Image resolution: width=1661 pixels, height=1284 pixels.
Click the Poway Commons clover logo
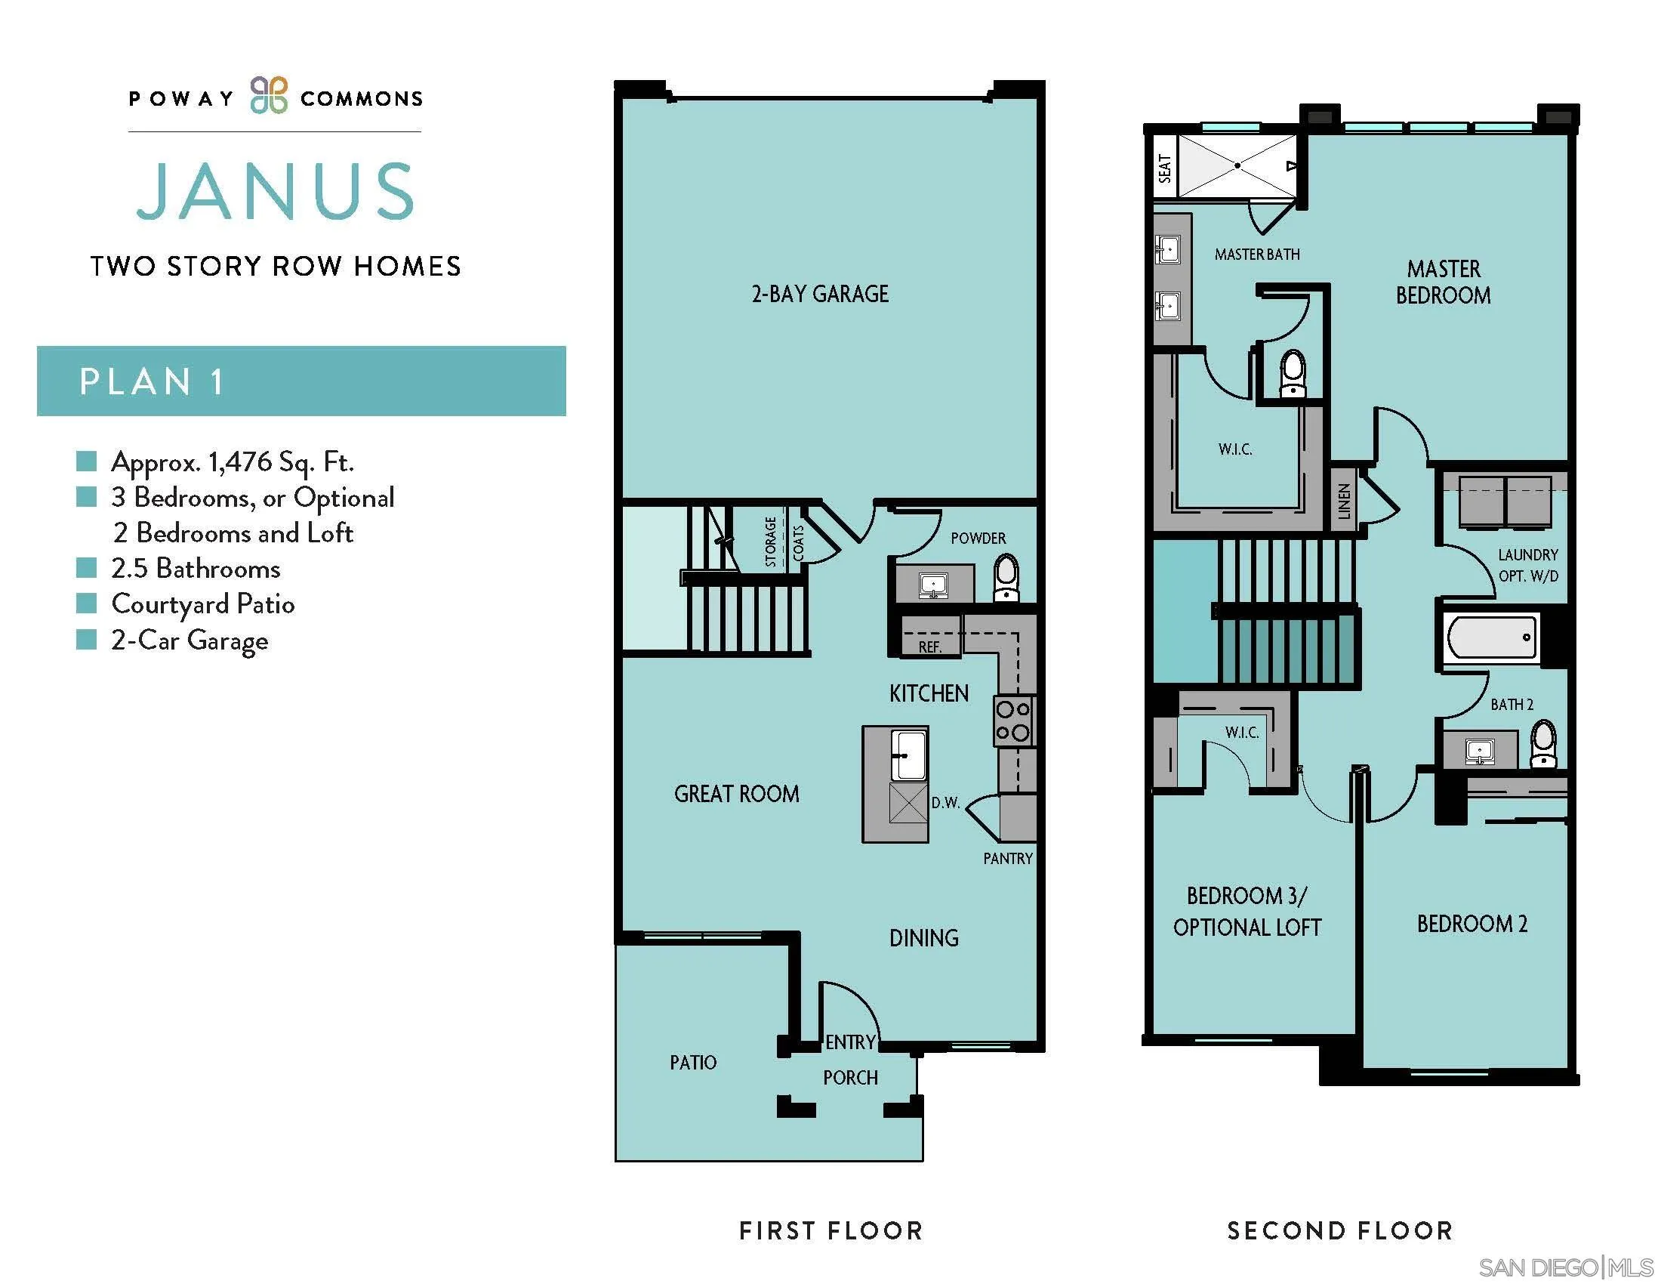[270, 96]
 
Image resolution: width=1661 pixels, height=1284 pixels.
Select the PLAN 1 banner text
[151, 382]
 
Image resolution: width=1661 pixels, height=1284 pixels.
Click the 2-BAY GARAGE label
[820, 295]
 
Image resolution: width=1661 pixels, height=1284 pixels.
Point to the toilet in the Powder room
[1006, 577]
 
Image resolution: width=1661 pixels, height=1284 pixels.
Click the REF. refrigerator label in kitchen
[929, 647]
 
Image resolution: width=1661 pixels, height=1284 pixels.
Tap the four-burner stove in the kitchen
[1013, 721]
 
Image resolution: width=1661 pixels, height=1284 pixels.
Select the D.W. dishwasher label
[945, 802]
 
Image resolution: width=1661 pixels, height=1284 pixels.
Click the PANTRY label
[1008, 858]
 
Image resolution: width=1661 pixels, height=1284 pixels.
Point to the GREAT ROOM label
[736, 794]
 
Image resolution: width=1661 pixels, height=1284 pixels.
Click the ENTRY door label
[850, 1042]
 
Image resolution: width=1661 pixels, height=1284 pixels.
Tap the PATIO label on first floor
[693, 1063]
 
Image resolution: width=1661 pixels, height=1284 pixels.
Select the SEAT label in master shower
[1164, 168]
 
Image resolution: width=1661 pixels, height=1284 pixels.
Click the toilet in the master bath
[1293, 373]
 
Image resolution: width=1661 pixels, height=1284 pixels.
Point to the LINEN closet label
[1344, 502]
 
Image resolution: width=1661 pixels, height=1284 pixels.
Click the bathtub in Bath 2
[1490, 637]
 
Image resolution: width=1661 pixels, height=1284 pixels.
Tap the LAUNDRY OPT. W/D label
[1528, 565]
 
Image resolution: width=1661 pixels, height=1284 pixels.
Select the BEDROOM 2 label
[1471, 924]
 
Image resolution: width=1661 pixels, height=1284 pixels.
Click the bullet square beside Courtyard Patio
[87, 603]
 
